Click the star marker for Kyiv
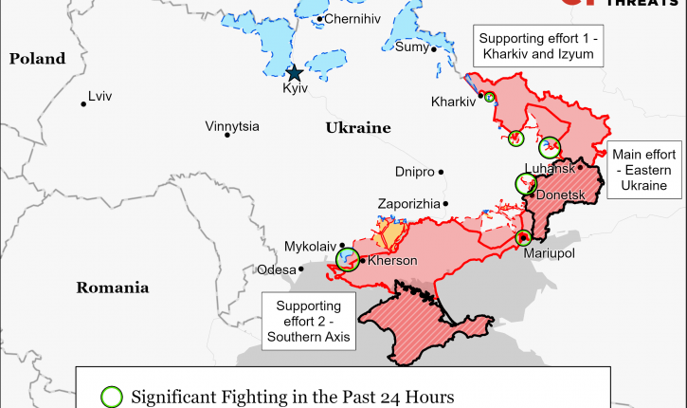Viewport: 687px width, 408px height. click(x=295, y=72)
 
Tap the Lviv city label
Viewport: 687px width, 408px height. click(x=99, y=96)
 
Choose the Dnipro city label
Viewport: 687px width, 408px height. click(x=414, y=172)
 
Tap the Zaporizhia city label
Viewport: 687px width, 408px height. click(x=408, y=203)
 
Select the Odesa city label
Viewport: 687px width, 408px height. click(x=276, y=269)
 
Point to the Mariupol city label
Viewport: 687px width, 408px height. click(x=550, y=253)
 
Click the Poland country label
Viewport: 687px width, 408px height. click(x=38, y=59)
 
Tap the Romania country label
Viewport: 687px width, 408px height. click(x=112, y=287)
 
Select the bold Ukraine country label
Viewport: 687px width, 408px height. click(x=358, y=127)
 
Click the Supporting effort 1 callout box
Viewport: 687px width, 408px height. click(x=538, y=46)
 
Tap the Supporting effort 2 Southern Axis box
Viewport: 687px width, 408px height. click(x=307, y=321)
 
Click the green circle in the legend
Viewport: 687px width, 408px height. click(x=112, y=397)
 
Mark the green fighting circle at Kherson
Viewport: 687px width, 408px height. click(x=349, y=258)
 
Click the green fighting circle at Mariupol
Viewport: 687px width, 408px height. click(x=523, y=237)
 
